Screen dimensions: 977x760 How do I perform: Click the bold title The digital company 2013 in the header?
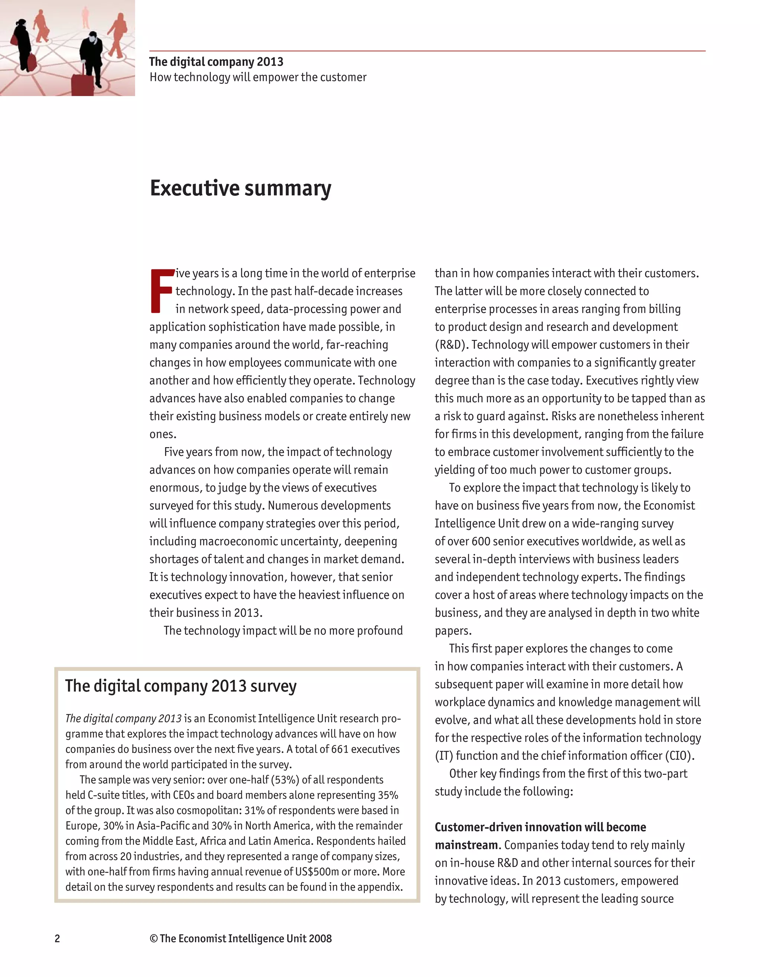pyautogui.click(x=216, y=62)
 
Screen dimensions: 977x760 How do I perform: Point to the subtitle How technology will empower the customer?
pyautogui.click(x=258, y=78)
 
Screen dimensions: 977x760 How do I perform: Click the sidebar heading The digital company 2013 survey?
pyautogui.click(x=181, y=686)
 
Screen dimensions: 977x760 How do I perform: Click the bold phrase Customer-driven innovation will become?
pyautogui.click(x=540, y=827)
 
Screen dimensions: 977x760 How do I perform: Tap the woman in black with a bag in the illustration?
pyautogui.click(x=22, y=45)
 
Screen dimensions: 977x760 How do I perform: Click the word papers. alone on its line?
pyautogui.click(x=453, y=631)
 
